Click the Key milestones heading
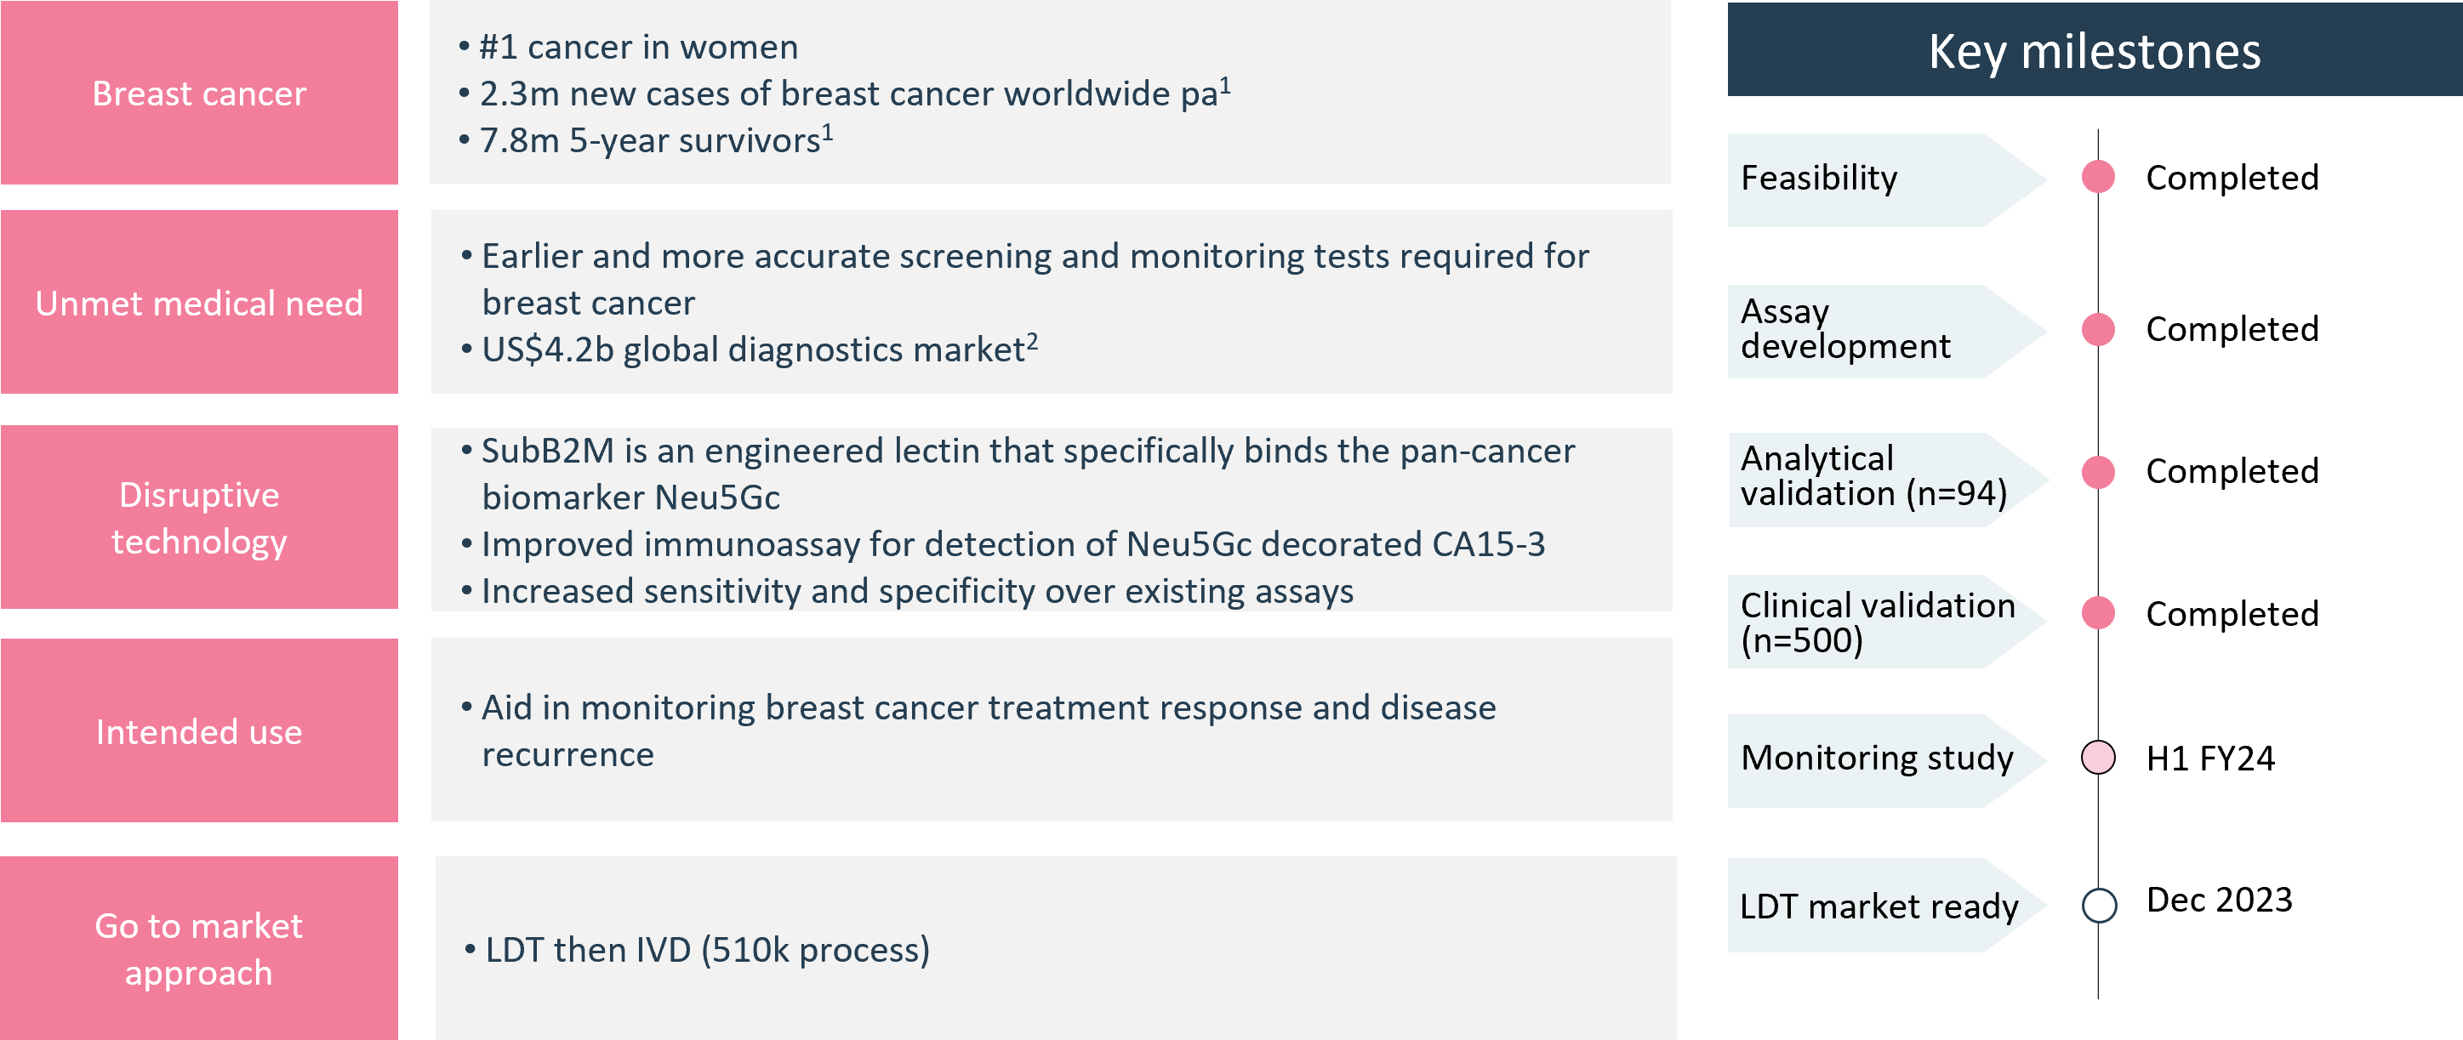pos(2094,51)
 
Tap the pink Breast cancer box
pos(199,93)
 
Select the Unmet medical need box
pos(199,302)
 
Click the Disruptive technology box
pos(199,517)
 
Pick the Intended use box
pos(199,730)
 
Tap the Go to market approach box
pos(199,947)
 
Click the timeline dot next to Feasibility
pos(2098,177)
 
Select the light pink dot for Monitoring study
pos(2098,757)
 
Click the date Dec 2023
pos(2218,900)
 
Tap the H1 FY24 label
pos(2209,758)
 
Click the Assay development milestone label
pos(1845,329)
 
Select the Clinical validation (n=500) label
pos(1878,622)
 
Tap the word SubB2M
pos(547,450)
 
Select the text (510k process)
pos(815,950)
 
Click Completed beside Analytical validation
pos(2232,471)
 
